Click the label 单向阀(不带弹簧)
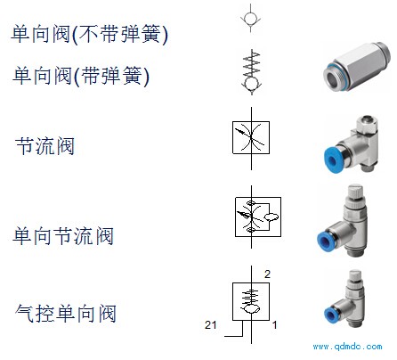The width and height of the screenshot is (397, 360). [x=89, y=34]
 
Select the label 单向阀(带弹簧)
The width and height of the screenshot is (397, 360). [x=81, y=76]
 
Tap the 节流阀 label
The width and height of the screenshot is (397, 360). [x=45, y=145]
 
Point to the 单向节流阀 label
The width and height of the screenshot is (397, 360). [x=63, y=236]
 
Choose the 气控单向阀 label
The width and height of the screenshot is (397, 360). [x=66, y=313]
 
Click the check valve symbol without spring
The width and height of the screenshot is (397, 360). [x=251, y=18]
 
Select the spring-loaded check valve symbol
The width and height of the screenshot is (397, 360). [x=251, y=72]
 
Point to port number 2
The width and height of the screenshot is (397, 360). [x=267, y=274]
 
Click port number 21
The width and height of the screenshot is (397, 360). [x=210, y=324]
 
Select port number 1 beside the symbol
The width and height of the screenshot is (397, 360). [x=275, y=324]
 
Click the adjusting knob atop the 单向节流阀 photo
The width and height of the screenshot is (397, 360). [x=355, y=192]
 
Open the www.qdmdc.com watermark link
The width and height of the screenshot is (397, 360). [x=347, y=347]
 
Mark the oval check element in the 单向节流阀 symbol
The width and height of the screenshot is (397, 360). [x=271, y=217]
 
